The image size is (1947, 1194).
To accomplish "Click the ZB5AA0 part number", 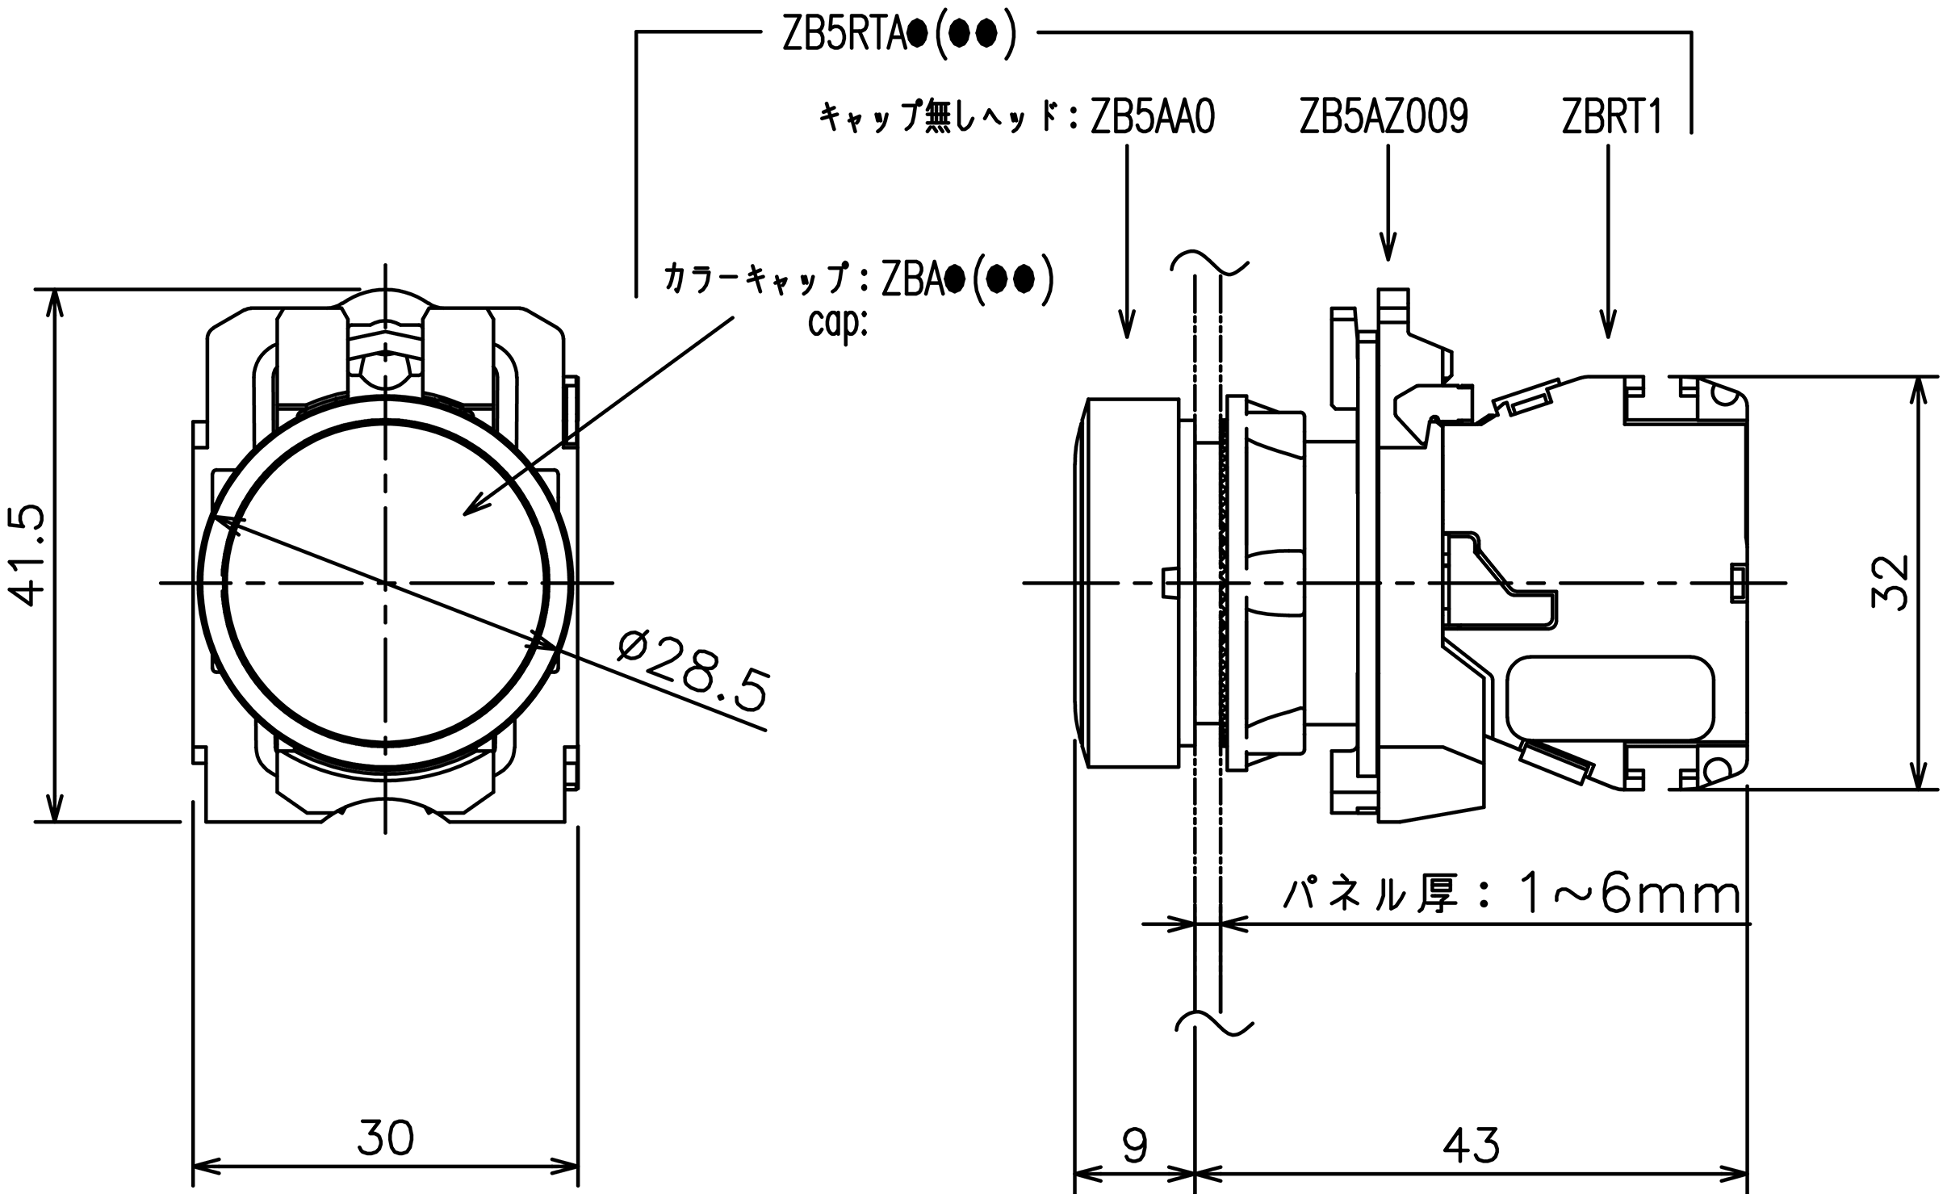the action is (1152, 118).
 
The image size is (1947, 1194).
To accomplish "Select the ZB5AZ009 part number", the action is (1384, 118).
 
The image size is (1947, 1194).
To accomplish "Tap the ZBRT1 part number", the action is (1612, 118).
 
